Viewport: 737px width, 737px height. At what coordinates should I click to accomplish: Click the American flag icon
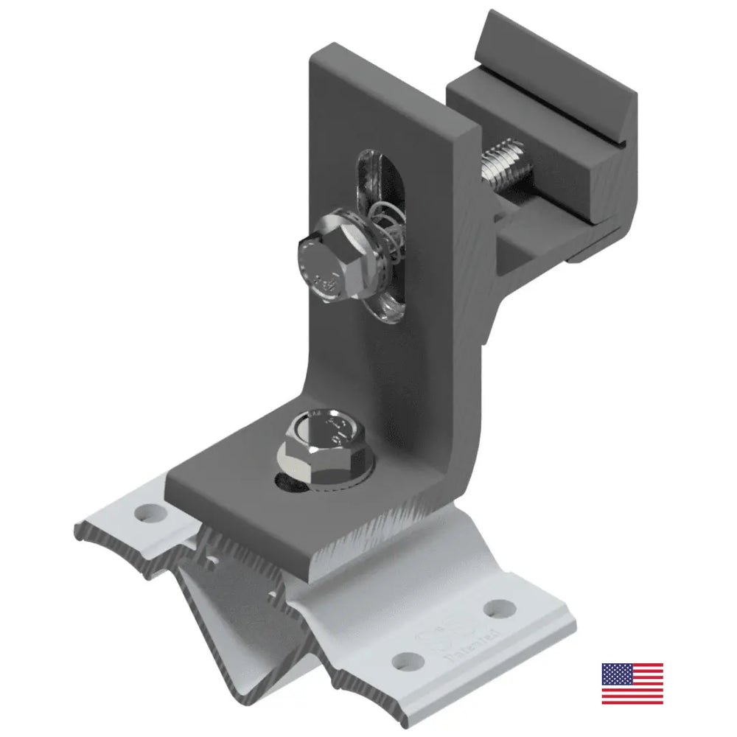(632, 683)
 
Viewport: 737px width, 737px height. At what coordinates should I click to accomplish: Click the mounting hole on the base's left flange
(149, 510)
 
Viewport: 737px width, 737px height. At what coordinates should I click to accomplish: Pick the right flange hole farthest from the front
(500, 608)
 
